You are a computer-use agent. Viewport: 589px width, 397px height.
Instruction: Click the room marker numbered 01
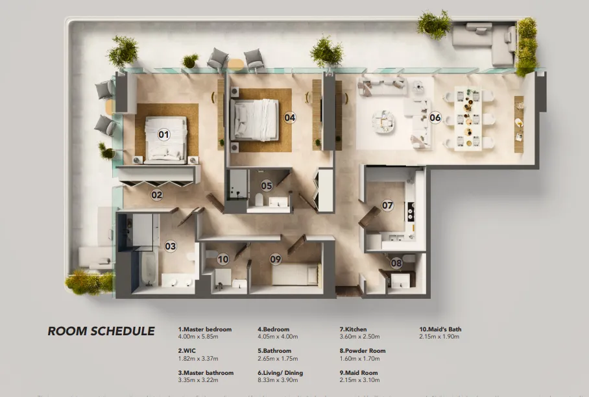[x=163, y=134]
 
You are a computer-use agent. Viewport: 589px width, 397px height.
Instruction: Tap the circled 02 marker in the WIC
[x=157, y=194]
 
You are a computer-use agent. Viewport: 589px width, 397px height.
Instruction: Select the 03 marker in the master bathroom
[x=170, y=246]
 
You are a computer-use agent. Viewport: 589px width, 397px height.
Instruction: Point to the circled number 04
[x=290, y=118]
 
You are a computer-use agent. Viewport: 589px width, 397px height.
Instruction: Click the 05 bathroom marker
[x=267, y=186]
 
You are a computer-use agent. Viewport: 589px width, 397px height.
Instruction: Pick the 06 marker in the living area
[x=435, y=118]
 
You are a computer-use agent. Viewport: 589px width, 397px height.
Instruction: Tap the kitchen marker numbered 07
[x=387, y=205]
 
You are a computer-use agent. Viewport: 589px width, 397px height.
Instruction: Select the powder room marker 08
[x=396, y=263]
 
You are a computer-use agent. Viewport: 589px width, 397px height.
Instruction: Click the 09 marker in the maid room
[x=276, y=259]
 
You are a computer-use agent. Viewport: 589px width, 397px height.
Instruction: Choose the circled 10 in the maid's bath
[x=223, y=259]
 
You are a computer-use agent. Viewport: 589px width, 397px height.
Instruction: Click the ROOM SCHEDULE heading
[x=101, y=331]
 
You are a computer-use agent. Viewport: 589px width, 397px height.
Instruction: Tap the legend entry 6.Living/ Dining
[x=280, y=373]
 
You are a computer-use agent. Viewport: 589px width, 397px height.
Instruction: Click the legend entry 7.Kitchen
[x=353, y=329]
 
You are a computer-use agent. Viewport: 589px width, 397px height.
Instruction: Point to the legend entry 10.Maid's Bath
[x=440, y=329]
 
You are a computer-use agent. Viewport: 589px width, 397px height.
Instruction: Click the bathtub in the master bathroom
[x=144, y=269]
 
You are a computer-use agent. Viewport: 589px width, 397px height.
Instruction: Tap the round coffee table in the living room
[x=383, y=120]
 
